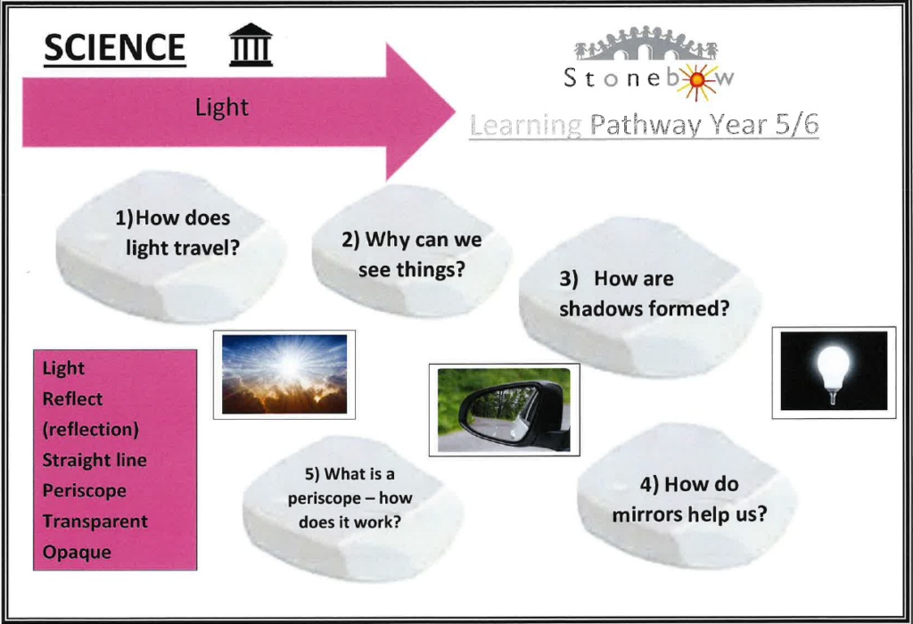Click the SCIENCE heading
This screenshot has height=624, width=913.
[x=115, y=48]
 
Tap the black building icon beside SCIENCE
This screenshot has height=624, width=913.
[x=251, y=45]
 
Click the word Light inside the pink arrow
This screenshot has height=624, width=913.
[x=222, y=108]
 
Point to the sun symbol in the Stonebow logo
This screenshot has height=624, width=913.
[x=696, y=81]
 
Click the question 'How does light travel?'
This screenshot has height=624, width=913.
[x=177, y=233]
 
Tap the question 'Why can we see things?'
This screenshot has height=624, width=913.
[x=412, y=254]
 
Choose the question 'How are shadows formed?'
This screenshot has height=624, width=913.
[x=644, y=293]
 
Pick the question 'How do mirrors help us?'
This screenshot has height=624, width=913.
[x=689, y=499]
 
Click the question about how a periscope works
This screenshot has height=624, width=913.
[x=350, y=497]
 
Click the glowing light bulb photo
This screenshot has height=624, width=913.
[x=834, y=372]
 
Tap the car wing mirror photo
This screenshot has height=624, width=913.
[x=505, y=410]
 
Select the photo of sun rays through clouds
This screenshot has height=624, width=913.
[x=284, y=374]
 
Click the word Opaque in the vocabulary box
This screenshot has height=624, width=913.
[x=77, y=552]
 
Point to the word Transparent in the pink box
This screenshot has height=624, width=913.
[x=95, y=521]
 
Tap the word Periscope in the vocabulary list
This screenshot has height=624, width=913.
[x=85, y=490]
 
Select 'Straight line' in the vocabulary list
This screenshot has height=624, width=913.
[x=95, y=460]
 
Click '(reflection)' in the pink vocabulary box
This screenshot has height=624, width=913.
[x=91, y=430]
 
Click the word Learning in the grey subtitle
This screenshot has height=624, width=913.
[x=526, y=126]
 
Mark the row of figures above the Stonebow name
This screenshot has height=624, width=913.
[x=646, y=44]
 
